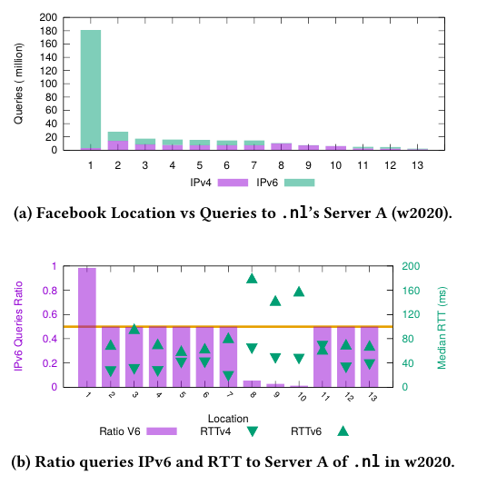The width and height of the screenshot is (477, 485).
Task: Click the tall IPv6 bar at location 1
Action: pyautogui.click(x=91, y=89)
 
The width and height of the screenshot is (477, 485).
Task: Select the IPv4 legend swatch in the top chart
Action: pyautogui.click(x=233, y=183)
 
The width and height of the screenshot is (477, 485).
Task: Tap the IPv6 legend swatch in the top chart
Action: pyautogui.click(x=299, y=183)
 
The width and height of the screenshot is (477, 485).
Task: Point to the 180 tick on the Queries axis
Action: pyautogui.click(x=48, y=31)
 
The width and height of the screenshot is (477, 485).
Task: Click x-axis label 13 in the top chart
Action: pyautogui.click(x=417, y=165)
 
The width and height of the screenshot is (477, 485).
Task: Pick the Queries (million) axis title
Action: pyautogui.click(x=18, y=84)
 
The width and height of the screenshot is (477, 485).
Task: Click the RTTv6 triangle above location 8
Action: pyautogui.click(x=252, y=279)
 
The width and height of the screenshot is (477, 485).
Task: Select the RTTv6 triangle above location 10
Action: pyautogui.click(x=299, y=292)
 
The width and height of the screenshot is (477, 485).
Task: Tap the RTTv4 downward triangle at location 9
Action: pyautogui.click(x=275, y=358)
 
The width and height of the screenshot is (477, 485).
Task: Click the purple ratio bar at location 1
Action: pyautogui.click(x=87, y=327)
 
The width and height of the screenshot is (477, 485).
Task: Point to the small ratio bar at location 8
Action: pyautogui.click(x=252, y=384)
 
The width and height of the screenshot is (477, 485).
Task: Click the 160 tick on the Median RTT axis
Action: pyautogui.click(x=411, y=291)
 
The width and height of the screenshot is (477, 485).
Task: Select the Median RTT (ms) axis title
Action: pyautogui.click(x=442, y=328)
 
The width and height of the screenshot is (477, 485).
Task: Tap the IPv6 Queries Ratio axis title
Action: pyautogui.click(x=18, y=326)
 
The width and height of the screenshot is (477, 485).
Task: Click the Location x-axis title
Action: pyautogui.click(x=228, y=419)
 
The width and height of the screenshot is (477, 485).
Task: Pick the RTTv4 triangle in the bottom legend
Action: pyautogui.click(x=253, y=431)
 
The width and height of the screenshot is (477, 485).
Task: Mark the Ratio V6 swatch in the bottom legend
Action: pyautogui.click(x=162, y=431)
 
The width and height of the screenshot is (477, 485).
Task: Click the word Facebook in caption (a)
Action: pyautogui.click(x=71, y=213)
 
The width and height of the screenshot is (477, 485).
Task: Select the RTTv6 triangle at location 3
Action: pyautogui.click(x=134, y=329)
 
